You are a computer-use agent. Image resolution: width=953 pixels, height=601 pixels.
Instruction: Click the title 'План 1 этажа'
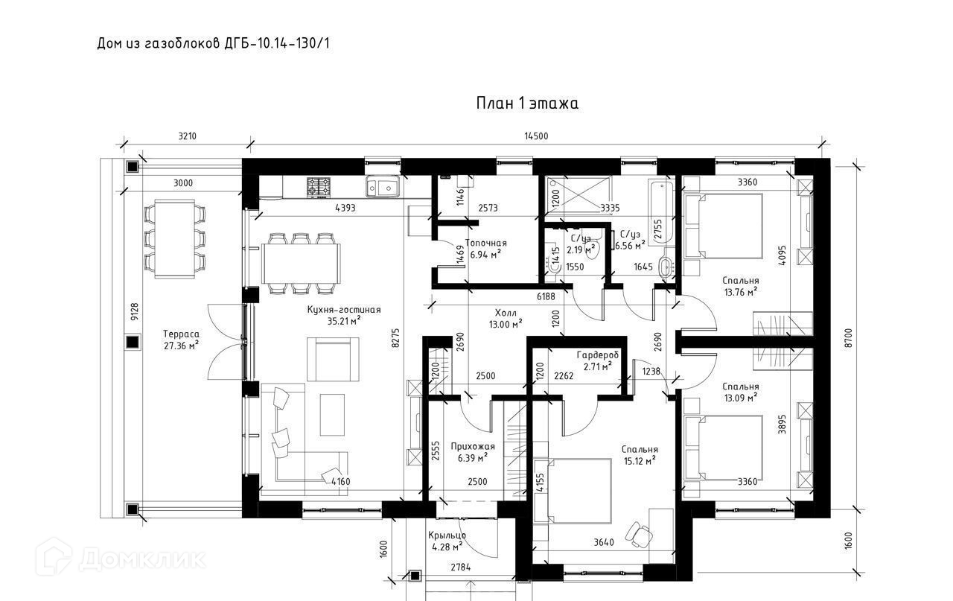point(527,104)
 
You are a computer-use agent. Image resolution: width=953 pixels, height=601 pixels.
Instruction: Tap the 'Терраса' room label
point(181,334)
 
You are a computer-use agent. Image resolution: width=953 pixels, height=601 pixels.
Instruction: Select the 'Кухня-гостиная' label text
point(344,310)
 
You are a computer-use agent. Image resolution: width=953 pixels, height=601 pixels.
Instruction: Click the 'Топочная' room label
point(486,243)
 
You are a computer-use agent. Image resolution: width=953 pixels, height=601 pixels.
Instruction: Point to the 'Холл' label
point(506,314)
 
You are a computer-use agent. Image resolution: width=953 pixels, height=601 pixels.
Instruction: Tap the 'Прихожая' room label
point(473,447)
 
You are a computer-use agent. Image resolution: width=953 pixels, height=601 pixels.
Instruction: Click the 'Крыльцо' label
point(447,535)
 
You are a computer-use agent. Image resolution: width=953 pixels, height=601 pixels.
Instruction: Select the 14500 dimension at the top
point(536,136)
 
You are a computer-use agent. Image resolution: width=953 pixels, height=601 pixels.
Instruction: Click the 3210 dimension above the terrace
point(187,136)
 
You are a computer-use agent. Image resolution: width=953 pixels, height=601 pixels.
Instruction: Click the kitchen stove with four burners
point(318,187)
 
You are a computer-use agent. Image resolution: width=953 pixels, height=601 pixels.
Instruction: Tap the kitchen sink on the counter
point(382,186)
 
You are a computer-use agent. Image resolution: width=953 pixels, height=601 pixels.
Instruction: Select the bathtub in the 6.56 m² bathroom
point(660,212)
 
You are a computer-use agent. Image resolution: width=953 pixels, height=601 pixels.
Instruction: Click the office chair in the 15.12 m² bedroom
point(639,535)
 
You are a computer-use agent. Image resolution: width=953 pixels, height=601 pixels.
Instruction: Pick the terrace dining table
point(174,238)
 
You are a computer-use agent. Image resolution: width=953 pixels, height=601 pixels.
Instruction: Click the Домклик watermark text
point(142,559)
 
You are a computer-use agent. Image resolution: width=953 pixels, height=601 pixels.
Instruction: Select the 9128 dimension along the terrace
point(135,311)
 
